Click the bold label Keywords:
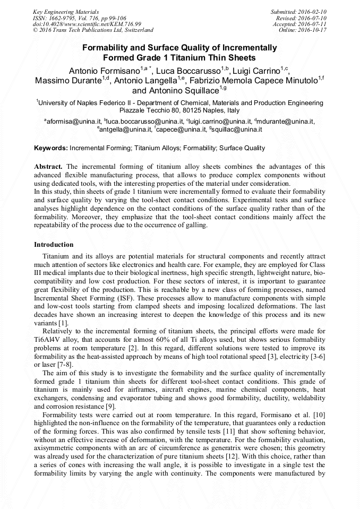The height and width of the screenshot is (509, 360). pos(51,148)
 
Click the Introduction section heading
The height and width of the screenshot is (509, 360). pos(54,245)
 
